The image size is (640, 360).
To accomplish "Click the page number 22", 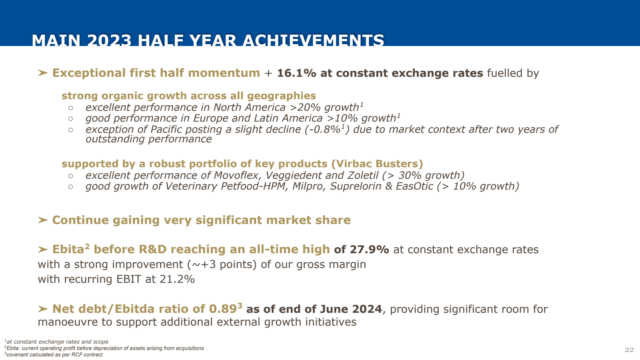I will pos(629,350).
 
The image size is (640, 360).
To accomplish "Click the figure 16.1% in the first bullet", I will pos(296,73).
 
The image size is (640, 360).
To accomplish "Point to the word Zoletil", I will pos(362,176).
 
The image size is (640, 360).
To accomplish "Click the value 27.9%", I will pos(369,250).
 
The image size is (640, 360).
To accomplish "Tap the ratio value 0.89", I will pos(223,309).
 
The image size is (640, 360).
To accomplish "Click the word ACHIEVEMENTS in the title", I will pos(313,41).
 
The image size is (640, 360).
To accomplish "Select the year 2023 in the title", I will pos(109,41).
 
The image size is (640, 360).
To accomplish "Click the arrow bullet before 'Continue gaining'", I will pos(43,220).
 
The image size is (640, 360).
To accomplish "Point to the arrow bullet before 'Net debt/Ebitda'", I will pos(43,309).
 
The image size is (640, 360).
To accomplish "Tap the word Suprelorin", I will pos(356,186).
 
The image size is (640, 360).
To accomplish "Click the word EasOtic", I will pos(414,186).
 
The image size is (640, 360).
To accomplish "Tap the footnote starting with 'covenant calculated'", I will pos(54,355).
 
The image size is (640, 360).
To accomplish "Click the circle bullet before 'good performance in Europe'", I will pos(71,119).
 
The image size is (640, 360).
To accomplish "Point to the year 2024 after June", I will pos(367,309).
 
